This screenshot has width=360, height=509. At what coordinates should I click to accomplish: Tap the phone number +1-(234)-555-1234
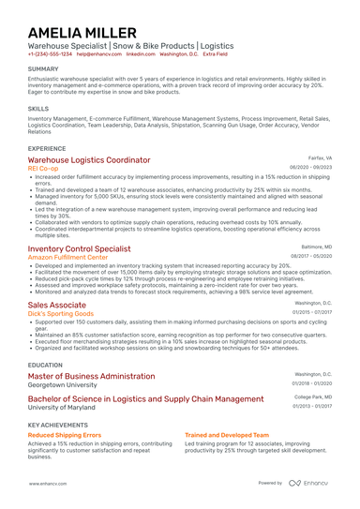pyautogui.click(x=49, y=54)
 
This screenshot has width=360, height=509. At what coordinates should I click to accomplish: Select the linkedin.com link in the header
pyautogui.click(x=115, y=54)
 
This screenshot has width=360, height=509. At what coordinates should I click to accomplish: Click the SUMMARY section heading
pyautogui.click(x=43, y=69)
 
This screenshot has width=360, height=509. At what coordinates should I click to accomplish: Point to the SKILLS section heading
pyautogui.click(x=38, y=109)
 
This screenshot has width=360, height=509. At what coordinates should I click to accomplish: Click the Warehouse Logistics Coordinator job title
pyautogui.click(x=89, y=160)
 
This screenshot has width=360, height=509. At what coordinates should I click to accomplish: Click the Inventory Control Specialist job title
pyautogui.click(x=79, y=248)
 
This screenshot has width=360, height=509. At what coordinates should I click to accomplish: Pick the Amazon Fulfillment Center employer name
pyautogui.click(x=74, y=257)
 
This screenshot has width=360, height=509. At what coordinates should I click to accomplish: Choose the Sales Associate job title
pyautogui.click(x=56, y=305)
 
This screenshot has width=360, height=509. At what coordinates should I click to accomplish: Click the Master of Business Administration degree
pyautogui.click(x=91, y=375)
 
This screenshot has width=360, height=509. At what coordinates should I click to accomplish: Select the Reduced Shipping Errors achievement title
pyautogui.click(x=65, y=436)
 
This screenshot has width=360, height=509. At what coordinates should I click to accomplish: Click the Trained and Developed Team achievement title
pyautogui.click(x=227, y=436)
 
